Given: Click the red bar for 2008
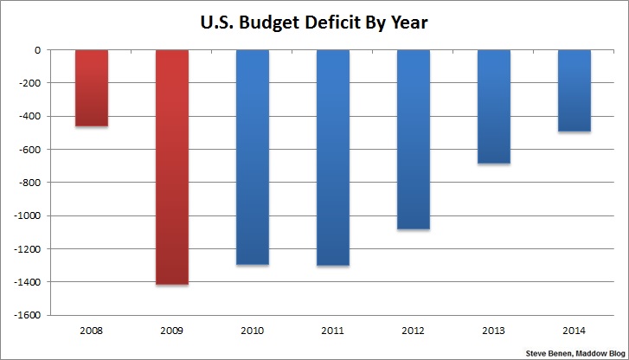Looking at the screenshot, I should click(x=91, y=88).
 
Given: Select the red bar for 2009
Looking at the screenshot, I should click(x=171, y=167).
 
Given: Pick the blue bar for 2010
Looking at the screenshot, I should click(x=253, y=157).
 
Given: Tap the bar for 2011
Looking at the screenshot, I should click(x=333, y=157).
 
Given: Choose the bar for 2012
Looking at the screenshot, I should click(x=414, y=139).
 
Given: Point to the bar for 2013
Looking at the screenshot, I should click(x=494, y=106).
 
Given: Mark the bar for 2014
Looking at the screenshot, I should click(x=574, y=90).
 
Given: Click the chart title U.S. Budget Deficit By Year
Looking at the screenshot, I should click(x=313, y=22).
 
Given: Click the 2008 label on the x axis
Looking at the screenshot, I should click(x=91, y=330).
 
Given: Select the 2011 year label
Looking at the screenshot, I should click(x=333, y=330).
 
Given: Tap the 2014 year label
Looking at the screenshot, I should click(x=574, y=330).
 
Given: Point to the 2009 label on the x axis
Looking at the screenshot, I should click(x=171, y=330).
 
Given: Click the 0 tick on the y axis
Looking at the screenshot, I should click(x=39, y=50).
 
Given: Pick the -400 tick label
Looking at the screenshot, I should click(x=32, y=117).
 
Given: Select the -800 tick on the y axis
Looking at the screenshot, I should click(x=32, y=183).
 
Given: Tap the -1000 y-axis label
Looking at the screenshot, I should click(x=29, y=216).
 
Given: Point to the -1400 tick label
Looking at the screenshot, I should click(x=29, y=282).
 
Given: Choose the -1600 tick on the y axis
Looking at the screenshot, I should click(x=29, y=315).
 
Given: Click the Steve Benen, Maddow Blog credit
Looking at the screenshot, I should click(x=574, y=353).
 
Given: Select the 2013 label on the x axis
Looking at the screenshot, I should click(x=494, y=330).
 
